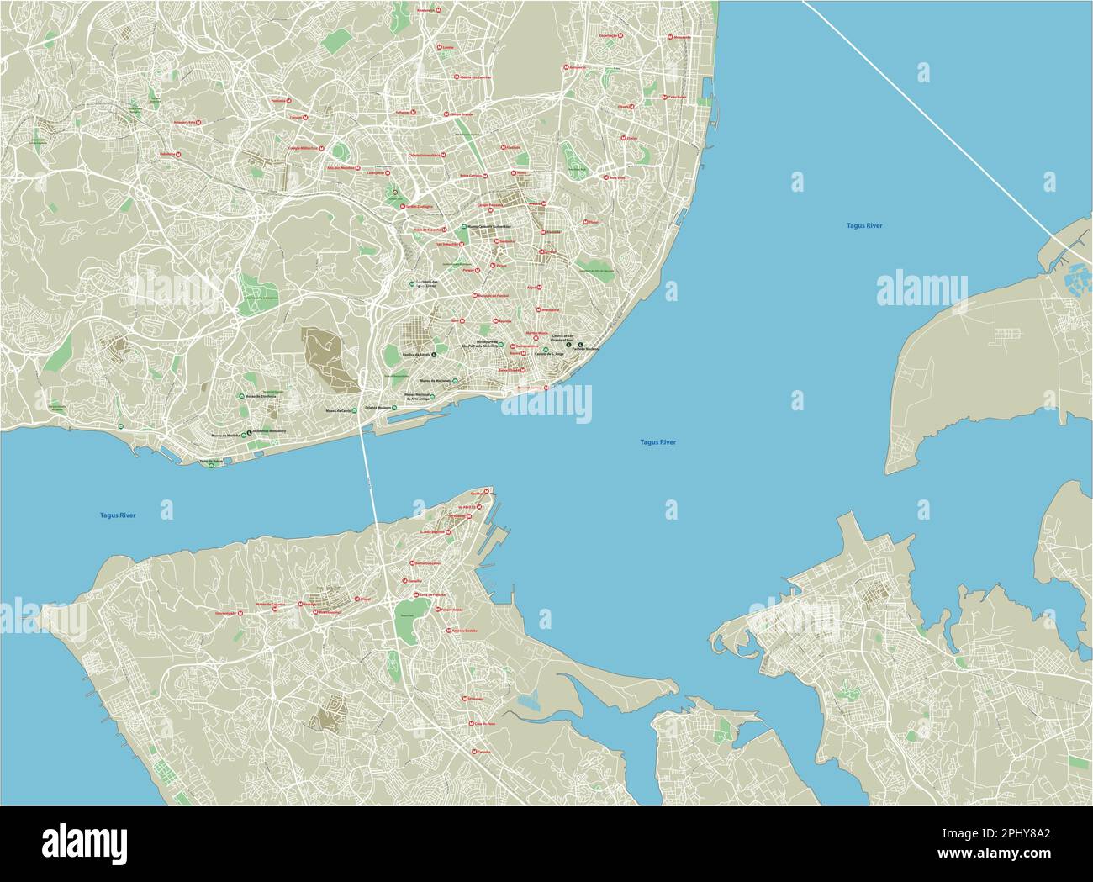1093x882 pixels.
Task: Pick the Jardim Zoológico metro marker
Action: point(403,206)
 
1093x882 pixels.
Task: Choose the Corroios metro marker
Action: point(474,751)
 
